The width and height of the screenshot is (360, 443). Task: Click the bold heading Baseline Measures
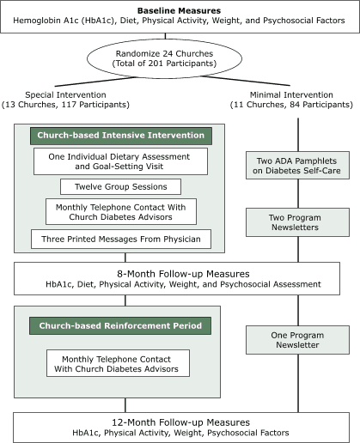pyautogui.click(x=180, y=9)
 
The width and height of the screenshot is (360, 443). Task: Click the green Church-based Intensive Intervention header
pyautogui.click(x=119, y=136)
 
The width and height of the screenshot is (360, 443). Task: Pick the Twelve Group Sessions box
pyautogui.click(x=119, y=187)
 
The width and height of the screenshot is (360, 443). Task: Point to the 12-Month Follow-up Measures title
pyautogui.click(x=180, y=422)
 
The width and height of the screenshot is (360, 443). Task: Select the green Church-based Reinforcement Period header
pyautogui.click(x=119, y=326)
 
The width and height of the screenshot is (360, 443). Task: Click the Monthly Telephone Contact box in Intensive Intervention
pyautogui.click(x=119, y=211)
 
